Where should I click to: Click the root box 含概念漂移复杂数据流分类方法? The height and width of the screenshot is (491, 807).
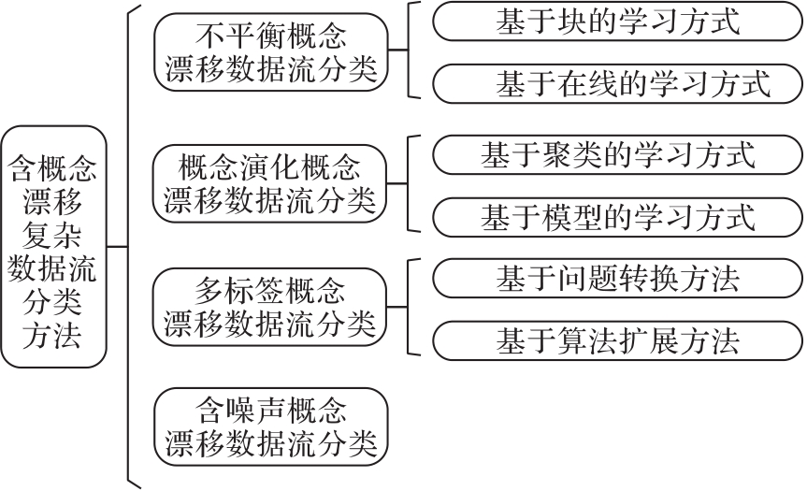(x=53, y=247)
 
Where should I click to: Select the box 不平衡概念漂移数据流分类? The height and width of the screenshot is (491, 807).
(x=271, y=52)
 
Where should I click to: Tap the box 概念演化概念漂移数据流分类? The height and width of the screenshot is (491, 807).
(x=269, y=183)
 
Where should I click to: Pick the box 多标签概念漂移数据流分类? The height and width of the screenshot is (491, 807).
(x=269, y=308)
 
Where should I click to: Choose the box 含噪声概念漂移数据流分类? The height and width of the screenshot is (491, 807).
(x=271, y=427)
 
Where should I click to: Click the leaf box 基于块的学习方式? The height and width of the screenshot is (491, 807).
(x=617, y=22)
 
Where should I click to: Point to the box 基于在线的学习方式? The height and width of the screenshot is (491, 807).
(x=617, y=84)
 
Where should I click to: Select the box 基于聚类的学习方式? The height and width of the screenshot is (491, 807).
(x=617, y=155)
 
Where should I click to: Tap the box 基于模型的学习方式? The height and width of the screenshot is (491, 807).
(x=617, y=218)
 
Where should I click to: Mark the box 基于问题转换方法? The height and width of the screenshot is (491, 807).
(x=617, y=279)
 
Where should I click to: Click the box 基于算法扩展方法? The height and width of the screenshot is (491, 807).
(x=617, y=341)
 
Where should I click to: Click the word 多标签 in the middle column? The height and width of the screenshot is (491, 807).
(x=239, y=290)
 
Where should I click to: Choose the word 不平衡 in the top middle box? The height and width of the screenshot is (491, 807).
(x=239, y=36)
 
